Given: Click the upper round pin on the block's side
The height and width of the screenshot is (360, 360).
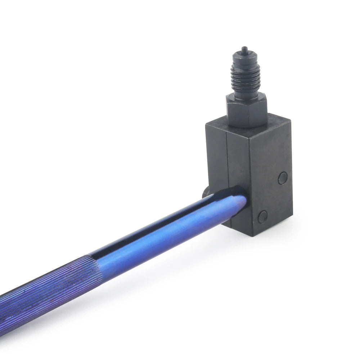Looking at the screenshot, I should tap(283, 177).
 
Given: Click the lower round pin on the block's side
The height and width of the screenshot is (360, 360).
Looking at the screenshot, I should tap(263, 216).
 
